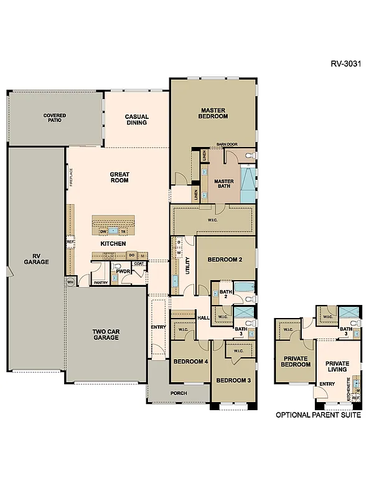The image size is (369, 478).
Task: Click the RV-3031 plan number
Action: tap(344, 63)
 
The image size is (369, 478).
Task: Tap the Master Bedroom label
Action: tap(212, 113)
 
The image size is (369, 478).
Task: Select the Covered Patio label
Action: tap(55, 118)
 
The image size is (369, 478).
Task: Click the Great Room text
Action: tap(119, 177)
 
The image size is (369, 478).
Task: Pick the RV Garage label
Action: tap(36, 258)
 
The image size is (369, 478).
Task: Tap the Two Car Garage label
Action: tap(106, 335)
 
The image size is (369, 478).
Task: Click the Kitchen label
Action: tap(118, 243)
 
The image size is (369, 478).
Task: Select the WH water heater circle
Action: tap(70, 281)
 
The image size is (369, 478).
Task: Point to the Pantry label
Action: tap(101, 283)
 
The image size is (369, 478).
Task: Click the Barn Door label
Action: tap(227, 144)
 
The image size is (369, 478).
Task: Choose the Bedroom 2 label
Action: tap(224, 260)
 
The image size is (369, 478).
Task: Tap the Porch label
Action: tap(179, 392)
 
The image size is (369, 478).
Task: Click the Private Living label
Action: tap(336, 366)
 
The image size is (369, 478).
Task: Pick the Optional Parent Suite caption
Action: tap(318, 415)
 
